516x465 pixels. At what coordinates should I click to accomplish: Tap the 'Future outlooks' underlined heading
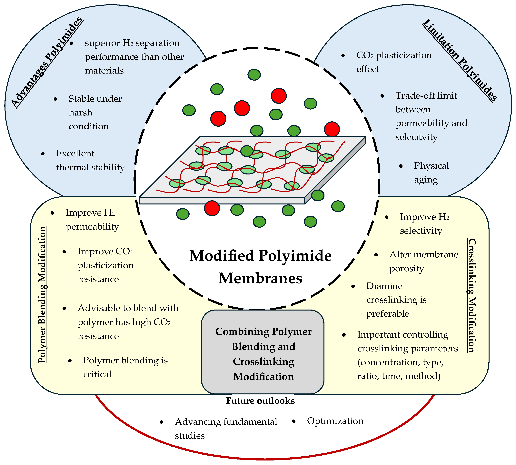coord(260,401)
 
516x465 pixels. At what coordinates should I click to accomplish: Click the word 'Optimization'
coord(335,421)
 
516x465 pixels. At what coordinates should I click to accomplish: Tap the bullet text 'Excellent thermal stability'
coord(90,160)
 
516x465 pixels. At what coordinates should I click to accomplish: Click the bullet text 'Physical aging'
coord(431,173)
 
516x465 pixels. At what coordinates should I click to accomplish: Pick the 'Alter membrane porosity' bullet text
coord(423,261)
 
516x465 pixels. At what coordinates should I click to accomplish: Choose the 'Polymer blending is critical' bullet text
coord(125,367)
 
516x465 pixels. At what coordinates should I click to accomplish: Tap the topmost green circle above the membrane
coord(254,75)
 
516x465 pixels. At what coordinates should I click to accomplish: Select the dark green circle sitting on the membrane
coord(247,151)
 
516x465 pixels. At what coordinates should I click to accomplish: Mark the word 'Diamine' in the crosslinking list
coord(384,286)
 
